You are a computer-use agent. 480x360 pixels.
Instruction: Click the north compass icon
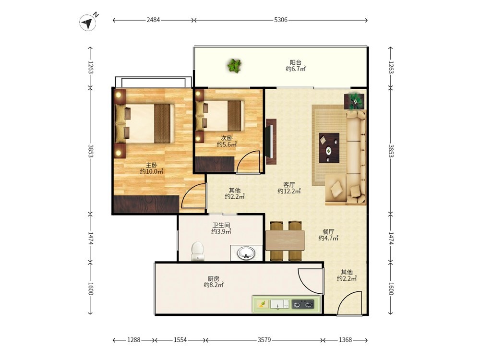88,23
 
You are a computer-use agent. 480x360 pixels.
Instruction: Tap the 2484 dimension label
153,20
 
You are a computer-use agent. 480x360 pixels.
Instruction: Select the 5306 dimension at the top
281,20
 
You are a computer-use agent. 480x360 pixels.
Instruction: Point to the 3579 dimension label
264,340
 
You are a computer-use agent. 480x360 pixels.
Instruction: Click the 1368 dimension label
345,340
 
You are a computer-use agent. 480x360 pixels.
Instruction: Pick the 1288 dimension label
134,340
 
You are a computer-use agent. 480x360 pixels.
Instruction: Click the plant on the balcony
235,65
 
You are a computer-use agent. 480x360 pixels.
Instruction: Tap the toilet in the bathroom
197,252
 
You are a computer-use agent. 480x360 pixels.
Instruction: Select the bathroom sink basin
246,253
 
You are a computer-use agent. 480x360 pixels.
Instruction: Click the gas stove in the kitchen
303,304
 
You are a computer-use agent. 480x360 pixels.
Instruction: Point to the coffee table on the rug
329,148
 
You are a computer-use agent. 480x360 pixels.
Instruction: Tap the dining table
285,240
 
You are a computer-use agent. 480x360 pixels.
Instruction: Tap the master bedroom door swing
192,196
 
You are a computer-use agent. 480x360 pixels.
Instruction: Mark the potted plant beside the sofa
355,101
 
